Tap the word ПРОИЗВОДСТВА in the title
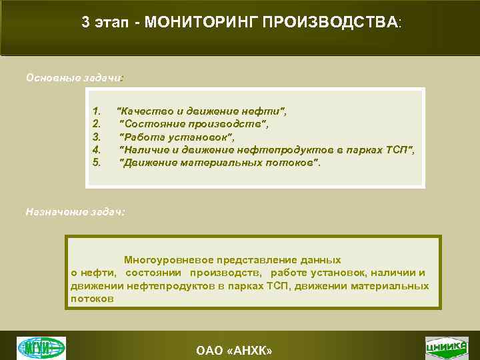[330, 22]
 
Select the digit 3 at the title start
[85, 22]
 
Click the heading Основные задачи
[74, 77]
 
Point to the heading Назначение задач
[75, 211]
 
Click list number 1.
[97, 111]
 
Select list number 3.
[97, 137]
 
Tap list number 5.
[97, 162]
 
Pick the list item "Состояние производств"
[193, 123]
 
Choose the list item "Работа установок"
[177, 137]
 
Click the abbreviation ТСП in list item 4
[397, 149]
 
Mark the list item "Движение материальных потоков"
[219, 162]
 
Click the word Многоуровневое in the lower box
[167, 260]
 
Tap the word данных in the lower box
[323, 260]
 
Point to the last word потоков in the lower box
[92, 299]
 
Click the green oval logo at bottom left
[41, 347]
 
